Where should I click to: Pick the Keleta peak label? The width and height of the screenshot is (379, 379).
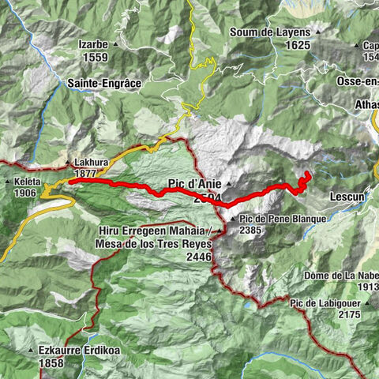pyautogui.click(x=24, y=180)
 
